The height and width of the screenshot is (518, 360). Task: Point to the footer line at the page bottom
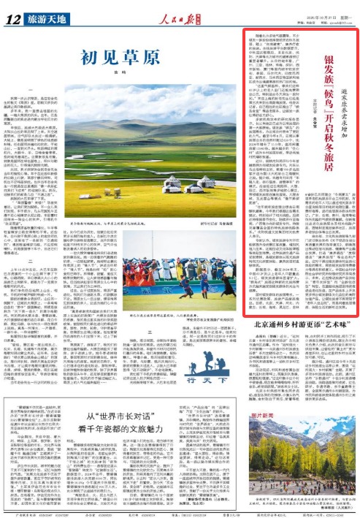point(180,513)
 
